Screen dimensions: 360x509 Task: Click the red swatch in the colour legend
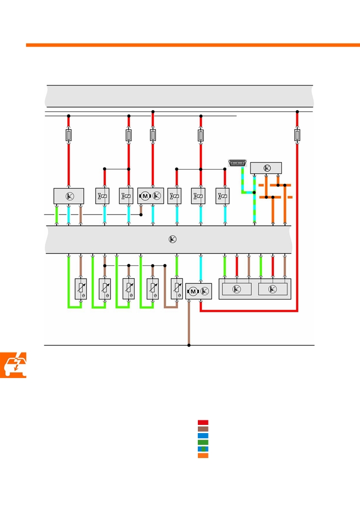click(x=203, y=422)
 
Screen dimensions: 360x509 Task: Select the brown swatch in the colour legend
click(x=203, y=429)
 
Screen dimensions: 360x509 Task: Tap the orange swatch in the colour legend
click(x=203, y=456)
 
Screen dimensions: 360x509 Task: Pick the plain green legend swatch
click(x=203, y=442)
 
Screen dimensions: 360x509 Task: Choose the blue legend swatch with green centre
click(x=203, y=449)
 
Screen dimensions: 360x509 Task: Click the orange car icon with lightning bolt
click(x=13, y=365)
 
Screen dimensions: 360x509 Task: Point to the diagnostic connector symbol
click(x=238, y=163)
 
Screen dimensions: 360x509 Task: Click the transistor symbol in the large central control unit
click(x=172, y=239)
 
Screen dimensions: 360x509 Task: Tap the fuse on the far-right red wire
click(x=297, y=135)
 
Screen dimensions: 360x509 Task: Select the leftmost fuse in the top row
click(x=68, y=135)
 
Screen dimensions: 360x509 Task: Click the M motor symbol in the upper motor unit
click(x=145, y=196)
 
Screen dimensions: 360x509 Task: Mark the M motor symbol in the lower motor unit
click(x=193, y=291)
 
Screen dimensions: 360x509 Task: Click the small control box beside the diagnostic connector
click(x=266, y=168)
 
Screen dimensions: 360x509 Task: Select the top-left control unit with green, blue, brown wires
click(x=68, y=196)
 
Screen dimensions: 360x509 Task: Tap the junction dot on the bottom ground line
click(x=189, y=345)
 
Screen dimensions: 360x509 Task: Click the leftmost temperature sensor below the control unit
click(x=81, y=289)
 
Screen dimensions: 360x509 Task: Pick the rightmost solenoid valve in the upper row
click(x=222, y=196)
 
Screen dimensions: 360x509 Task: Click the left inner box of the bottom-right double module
click(x=237, y=289)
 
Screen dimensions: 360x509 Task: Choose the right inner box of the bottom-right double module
click(x=273, y=289)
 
